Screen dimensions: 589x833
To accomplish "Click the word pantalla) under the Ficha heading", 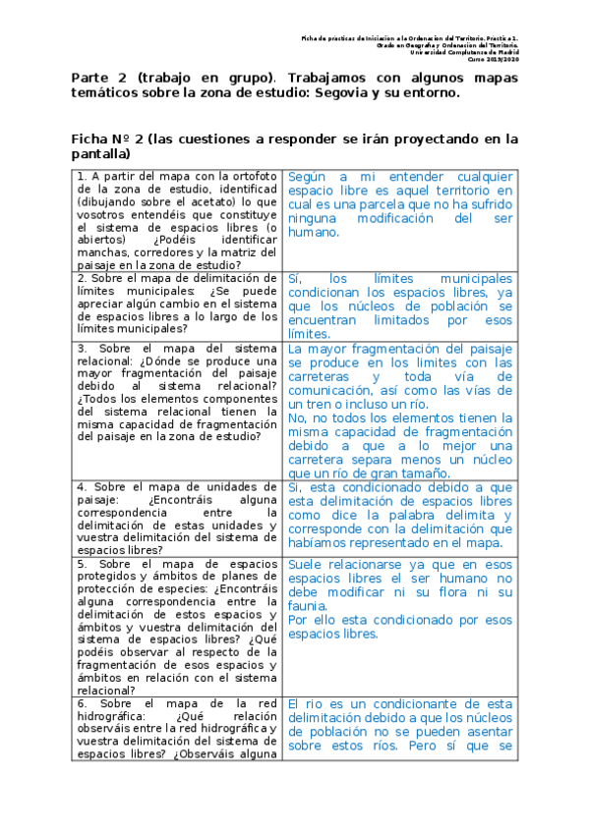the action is click(x=101, y=155).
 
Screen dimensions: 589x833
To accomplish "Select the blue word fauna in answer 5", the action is click(x=308, y=605).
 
